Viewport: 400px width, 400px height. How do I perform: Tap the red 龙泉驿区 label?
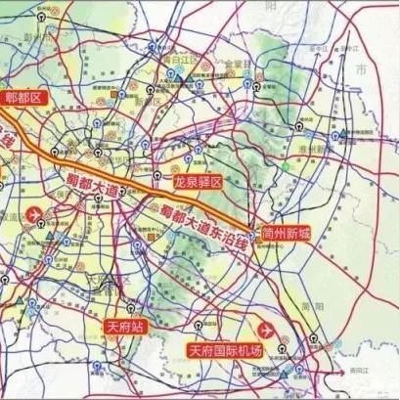(x=199, y=183)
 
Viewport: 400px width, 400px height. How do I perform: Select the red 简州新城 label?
(x=287, y=235)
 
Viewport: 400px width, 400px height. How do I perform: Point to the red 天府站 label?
(x=125, y=326)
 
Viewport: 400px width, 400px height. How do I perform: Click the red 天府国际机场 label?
(x=226, y=349)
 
